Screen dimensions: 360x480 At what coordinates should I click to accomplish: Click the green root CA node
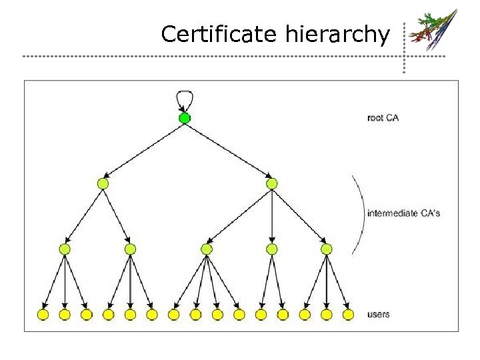coord(185,119)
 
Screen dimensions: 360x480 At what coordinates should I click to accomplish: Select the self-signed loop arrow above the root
coord(185,98)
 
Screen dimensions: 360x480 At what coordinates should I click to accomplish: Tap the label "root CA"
coord(383,118)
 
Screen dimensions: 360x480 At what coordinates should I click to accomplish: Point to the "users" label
coord(379,314)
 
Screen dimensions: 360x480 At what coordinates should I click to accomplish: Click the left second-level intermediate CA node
coord(103,183)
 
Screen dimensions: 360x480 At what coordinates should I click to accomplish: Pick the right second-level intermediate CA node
coord(271,183)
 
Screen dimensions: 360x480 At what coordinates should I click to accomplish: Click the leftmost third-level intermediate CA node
coord(65,249)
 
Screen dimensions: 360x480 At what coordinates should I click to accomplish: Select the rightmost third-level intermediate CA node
coord(326,249)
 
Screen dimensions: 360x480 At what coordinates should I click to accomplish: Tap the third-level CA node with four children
coord(207,249)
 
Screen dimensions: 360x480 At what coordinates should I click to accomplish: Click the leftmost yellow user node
coord(43,314)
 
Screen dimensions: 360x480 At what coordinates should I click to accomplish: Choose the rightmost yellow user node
coord(348,314)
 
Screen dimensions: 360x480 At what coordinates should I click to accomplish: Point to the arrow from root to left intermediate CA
coord(143,151)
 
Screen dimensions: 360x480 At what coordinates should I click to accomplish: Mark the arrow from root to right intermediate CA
coord(228,151)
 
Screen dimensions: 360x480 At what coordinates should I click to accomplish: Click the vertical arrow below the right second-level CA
coord(271,216)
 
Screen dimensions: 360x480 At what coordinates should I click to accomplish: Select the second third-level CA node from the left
coord(130,249)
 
